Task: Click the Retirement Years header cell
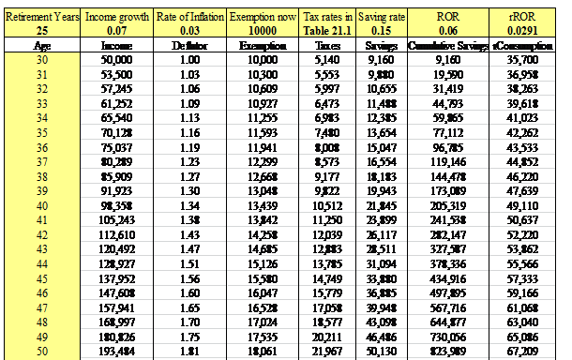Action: pos(42,16)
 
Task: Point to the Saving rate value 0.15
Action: pos(381,30)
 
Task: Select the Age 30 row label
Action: pos(42,58)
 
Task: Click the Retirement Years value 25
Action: pos(42,30)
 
